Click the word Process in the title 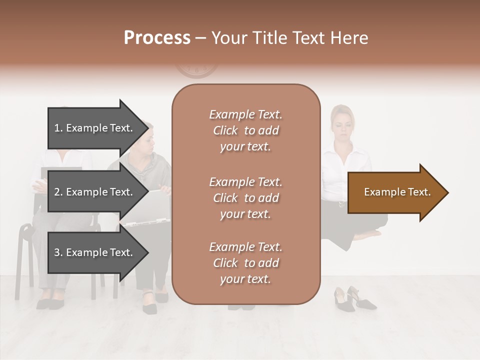(157, 38)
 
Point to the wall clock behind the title (196, 70)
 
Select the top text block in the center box (245, 130)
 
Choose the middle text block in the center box (245, 198)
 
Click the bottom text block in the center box (245, 263)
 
